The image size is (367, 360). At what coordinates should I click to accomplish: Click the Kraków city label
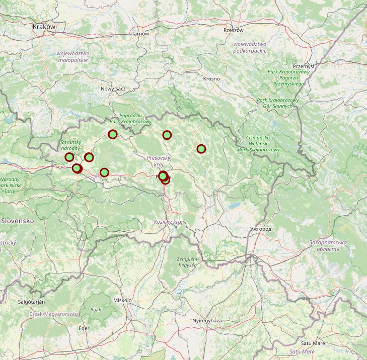[x=43, y=27]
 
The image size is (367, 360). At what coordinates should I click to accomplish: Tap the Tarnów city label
[x=140, y=34]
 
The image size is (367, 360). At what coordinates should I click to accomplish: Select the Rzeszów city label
[x=233, y=30]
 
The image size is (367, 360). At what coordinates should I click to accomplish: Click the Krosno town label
[x=211, y=79]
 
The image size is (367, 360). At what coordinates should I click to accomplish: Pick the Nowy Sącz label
[x=113, y=88]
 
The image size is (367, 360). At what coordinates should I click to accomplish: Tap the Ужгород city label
[x=260, y=229]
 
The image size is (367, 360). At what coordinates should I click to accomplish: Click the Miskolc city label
[x=122, y=300]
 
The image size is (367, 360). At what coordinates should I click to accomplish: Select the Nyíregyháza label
[x=207, y=320]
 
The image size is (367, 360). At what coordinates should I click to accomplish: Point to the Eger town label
[x=84, y=328]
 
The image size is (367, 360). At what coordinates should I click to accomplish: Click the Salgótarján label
[x=31, y=302]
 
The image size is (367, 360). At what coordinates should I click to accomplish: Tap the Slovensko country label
[x=17, y=221]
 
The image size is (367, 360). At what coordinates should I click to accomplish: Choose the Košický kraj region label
[x=168, y=222]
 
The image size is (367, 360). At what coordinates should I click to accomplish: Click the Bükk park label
[x=96, y=310]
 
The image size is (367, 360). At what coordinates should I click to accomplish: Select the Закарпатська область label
[x=328, y=246]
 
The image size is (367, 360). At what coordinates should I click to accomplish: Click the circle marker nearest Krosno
[x=201, y=149]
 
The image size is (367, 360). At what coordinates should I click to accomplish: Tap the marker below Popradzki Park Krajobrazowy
[x=113, y=134]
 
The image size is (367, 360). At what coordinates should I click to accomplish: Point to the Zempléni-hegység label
[x=188, y=262]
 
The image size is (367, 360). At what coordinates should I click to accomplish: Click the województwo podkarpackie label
[x=250, y=47]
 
